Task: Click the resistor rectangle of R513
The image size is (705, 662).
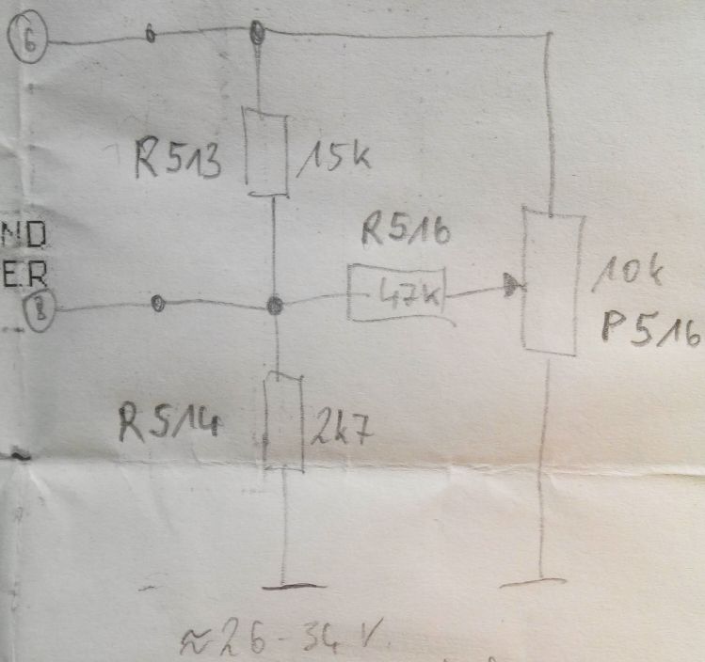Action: (265, 148)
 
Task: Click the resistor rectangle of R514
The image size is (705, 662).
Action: (283, 421)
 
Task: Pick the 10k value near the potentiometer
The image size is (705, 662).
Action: (633, 277)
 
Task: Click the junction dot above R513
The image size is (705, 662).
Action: (256, 34)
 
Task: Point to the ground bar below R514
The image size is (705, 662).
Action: (284, 587)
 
